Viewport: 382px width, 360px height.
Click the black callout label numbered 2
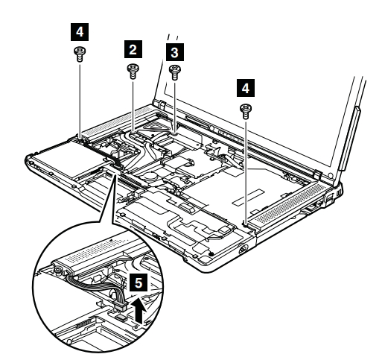tap(133, 49)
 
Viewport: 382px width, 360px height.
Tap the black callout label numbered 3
tap(175, 52)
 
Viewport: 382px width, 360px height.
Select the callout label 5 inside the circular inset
tap(139, 282)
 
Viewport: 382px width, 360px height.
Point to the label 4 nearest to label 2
tap(80, 32)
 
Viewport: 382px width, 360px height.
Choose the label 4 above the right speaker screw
tap(246, 88)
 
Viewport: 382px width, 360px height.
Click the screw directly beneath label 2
tap(133, 71)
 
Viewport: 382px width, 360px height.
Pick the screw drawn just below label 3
tap(175, 72)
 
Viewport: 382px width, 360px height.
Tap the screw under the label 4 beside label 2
tap(80, 54)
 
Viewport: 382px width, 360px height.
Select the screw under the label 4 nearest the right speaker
tap(246, 111)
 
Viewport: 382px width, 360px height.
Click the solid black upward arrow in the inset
tap(139, 311)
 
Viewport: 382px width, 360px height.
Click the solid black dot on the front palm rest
tap(211, 253)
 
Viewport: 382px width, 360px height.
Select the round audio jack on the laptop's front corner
tap(243, 249)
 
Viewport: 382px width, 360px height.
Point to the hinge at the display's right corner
tap(318, 173)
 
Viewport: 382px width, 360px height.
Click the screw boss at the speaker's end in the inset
tap(58, 269)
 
